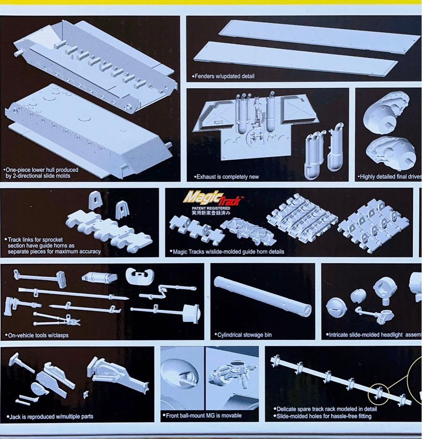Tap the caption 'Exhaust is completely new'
(227, 177)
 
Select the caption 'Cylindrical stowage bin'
(244, 335)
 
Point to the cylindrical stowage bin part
(263, 296)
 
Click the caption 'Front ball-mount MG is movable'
(204, 415)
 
